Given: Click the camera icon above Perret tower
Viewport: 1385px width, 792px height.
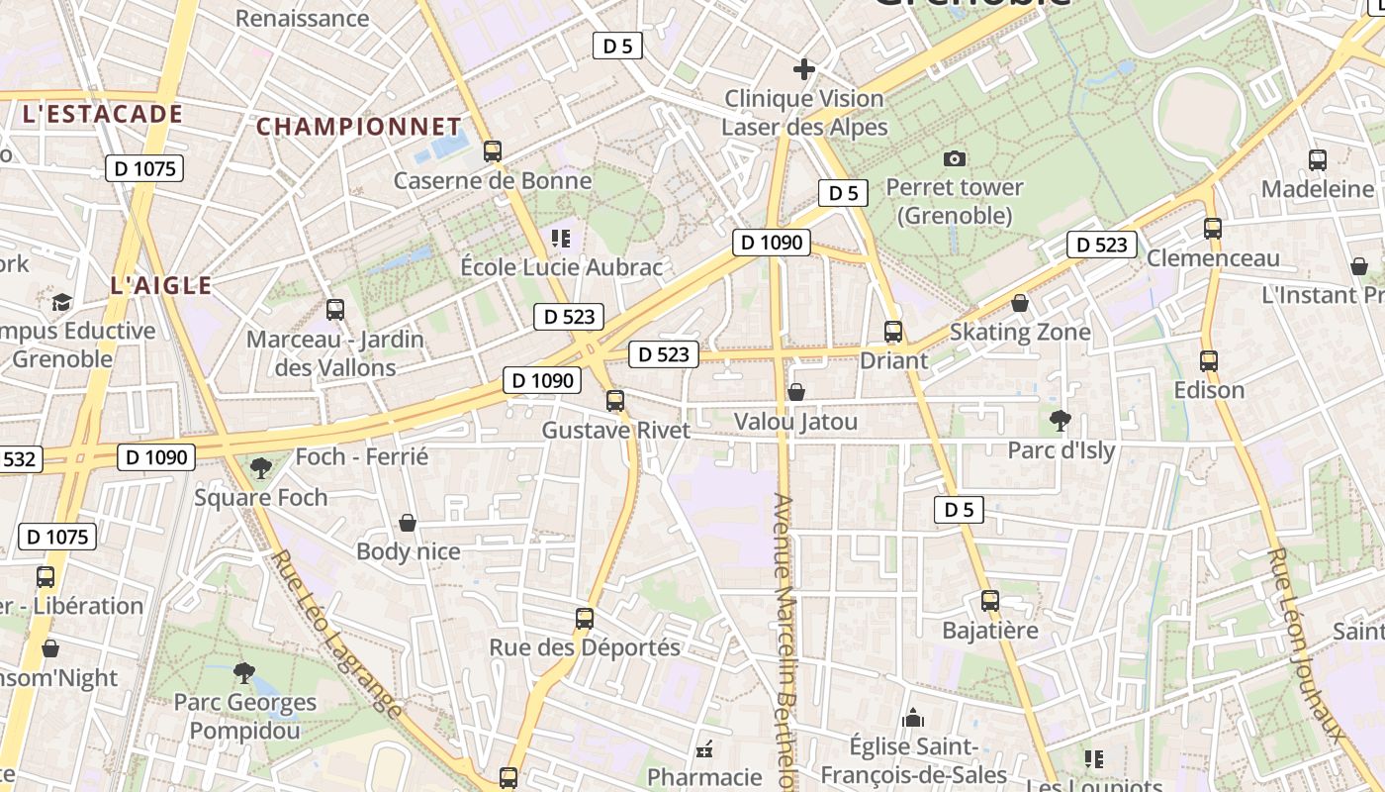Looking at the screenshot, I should pos(955,158).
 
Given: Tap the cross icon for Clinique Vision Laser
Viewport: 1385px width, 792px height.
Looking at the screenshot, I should pos(804,69).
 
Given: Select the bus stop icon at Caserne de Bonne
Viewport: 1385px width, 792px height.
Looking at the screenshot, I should pos(493,151).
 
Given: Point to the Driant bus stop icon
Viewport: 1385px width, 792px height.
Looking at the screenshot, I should pos(893,332).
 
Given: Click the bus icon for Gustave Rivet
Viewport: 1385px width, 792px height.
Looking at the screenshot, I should pos(615,401).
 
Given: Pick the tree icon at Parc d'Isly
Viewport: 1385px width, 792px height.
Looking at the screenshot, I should pos(1061,421).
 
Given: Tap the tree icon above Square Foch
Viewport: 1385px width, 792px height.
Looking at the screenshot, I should pos(261,467).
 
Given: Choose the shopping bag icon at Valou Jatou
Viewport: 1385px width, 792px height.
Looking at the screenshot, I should pos(796,393).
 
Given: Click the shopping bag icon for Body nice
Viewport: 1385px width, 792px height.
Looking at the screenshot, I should pos(408,523).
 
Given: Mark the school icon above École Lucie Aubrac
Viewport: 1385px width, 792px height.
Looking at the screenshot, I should pos(562,238).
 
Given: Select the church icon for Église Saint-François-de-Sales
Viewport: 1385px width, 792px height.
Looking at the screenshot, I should pos(913,717).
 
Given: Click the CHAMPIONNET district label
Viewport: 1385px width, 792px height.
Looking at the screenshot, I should pos(359,127).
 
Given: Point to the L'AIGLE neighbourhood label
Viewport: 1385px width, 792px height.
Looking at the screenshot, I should pos(161,286).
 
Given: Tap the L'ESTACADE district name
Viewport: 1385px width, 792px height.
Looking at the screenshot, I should pos(103,114).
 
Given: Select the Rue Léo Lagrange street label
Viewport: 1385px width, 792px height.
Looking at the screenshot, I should pos(336,634).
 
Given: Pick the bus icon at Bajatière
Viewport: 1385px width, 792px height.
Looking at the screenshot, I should pos(990,601).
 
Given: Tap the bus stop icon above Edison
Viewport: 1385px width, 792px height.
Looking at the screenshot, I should pos(1209,361).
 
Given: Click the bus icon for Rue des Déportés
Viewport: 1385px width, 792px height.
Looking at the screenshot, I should pos(585,619).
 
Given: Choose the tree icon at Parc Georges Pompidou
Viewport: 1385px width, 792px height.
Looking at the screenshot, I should pos(244,673).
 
